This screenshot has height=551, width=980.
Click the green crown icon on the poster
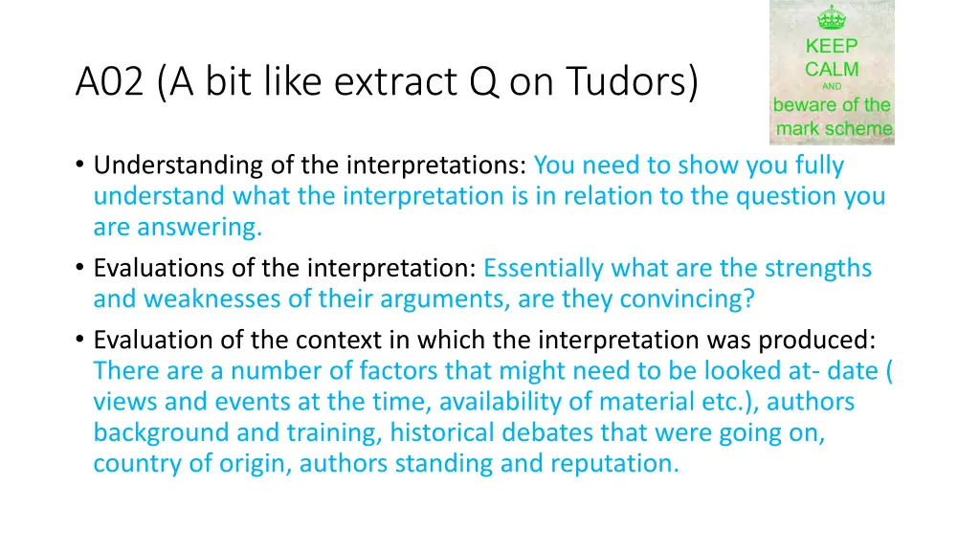coord(831,18)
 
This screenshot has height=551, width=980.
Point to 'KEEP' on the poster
coord(831,46)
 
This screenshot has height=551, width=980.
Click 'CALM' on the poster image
coord(831,69)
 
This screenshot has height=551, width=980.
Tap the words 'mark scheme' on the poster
coord(834,128)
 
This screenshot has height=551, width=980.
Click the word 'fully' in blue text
coord(819,165)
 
